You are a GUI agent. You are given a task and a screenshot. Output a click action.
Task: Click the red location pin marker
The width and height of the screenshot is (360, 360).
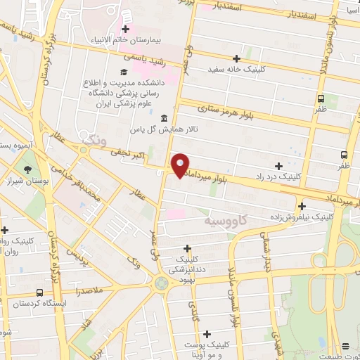coord(181,165)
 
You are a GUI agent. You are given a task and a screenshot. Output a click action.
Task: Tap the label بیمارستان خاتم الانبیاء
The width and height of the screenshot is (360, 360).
coord(124,39)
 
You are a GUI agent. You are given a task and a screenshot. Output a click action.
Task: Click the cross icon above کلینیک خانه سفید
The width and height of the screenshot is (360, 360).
coord(236,58)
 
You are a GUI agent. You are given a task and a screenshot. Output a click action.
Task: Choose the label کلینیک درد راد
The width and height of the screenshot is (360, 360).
coord(278,177)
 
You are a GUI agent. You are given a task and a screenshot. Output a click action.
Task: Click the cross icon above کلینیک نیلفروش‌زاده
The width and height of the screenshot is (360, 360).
coord(302,206)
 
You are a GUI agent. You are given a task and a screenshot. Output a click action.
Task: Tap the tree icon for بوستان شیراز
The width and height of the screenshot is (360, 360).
coord(27,169)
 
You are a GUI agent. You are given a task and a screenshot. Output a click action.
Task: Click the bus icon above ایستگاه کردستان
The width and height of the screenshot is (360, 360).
coord(39,292)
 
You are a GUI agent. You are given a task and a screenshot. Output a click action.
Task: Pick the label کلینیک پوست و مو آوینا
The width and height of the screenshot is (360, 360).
coord(207,349)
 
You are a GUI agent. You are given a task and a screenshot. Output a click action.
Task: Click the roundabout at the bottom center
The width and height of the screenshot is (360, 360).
coord(162,283)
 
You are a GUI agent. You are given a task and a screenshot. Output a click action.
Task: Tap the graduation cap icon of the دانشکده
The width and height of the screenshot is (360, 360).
coord(124,72)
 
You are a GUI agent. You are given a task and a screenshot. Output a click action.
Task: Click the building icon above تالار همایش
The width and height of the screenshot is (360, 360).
coord(164,118)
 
